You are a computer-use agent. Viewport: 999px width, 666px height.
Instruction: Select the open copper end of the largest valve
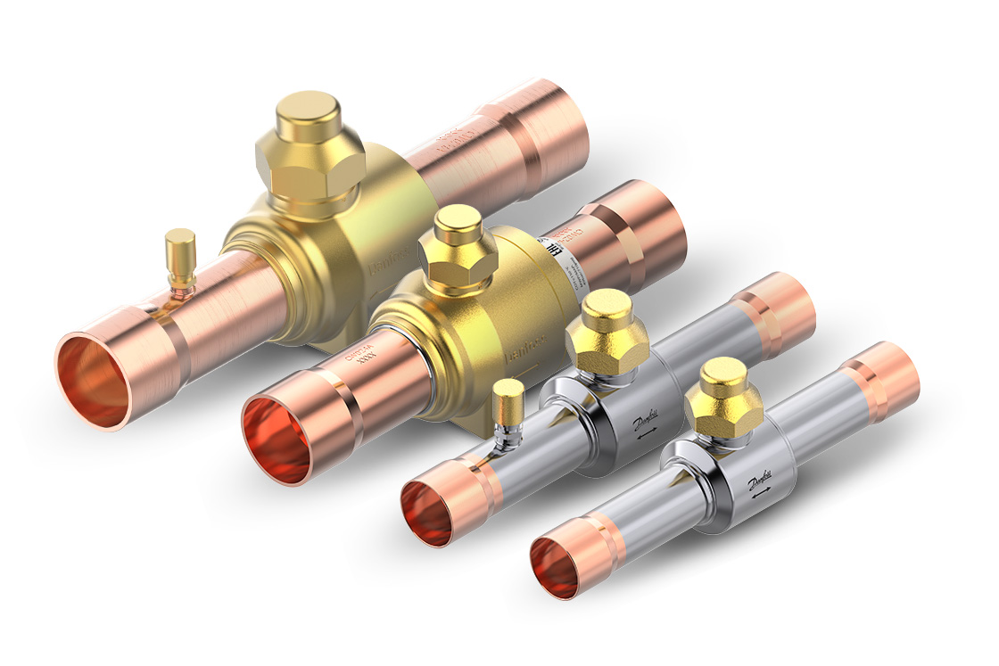[94, 380]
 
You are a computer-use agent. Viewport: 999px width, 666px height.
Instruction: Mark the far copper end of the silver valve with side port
[776, 312]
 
